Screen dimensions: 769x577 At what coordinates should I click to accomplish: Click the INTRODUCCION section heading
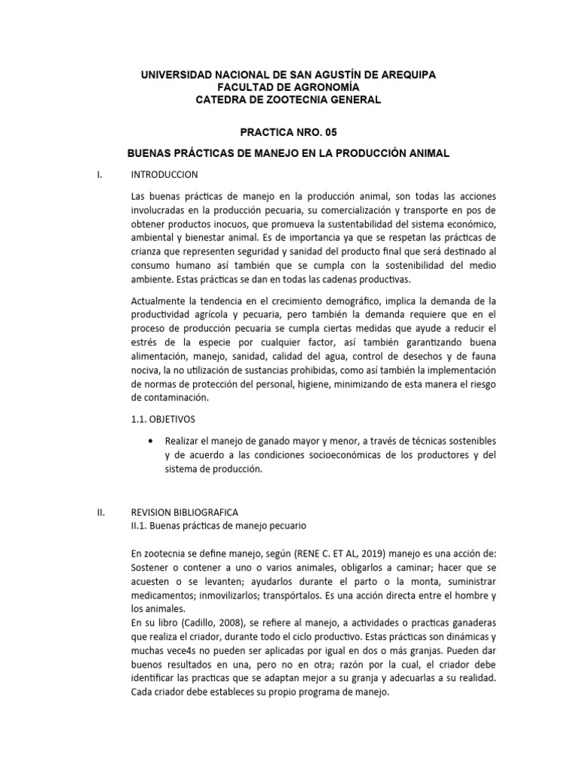tap(165, 174)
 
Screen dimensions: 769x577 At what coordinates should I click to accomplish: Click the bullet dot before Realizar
tap(153, 440)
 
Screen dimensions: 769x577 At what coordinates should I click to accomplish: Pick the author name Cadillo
tap(199, 623)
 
